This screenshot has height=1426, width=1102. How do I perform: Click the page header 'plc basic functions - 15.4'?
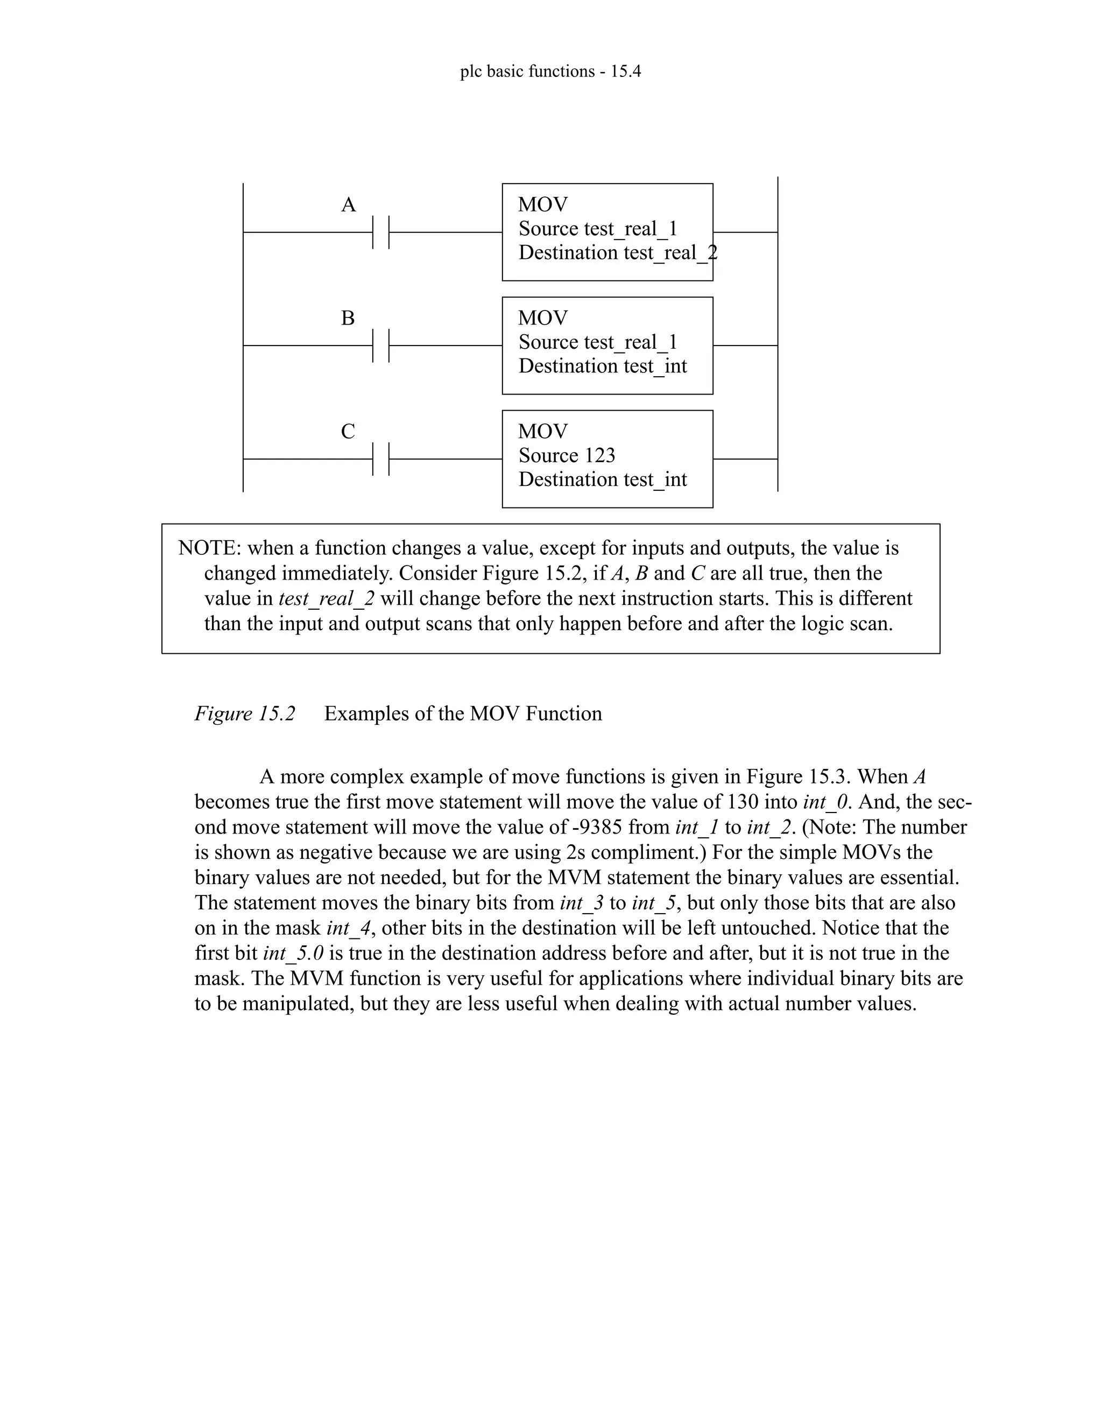coord(550,71)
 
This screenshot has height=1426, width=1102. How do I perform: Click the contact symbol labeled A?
coord(380,232)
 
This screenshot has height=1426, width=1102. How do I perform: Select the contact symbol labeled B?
coord(380,345)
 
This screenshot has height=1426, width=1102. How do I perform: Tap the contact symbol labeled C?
coord(380,459)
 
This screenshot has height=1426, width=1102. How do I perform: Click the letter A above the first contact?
coord(349,205)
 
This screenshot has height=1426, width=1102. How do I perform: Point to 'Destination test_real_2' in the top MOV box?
coord(618,253)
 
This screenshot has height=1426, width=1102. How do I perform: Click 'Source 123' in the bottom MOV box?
coord(567,455)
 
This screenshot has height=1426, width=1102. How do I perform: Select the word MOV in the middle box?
coord(542,318)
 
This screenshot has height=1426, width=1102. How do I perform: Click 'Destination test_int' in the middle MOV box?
coord(603,366)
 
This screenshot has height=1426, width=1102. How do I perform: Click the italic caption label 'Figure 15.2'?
coord(245,714)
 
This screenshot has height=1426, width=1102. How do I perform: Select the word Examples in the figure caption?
coord(367,714)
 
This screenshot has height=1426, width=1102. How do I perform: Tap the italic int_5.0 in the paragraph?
coord(293,954)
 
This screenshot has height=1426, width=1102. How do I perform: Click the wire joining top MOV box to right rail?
coord(745,232)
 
